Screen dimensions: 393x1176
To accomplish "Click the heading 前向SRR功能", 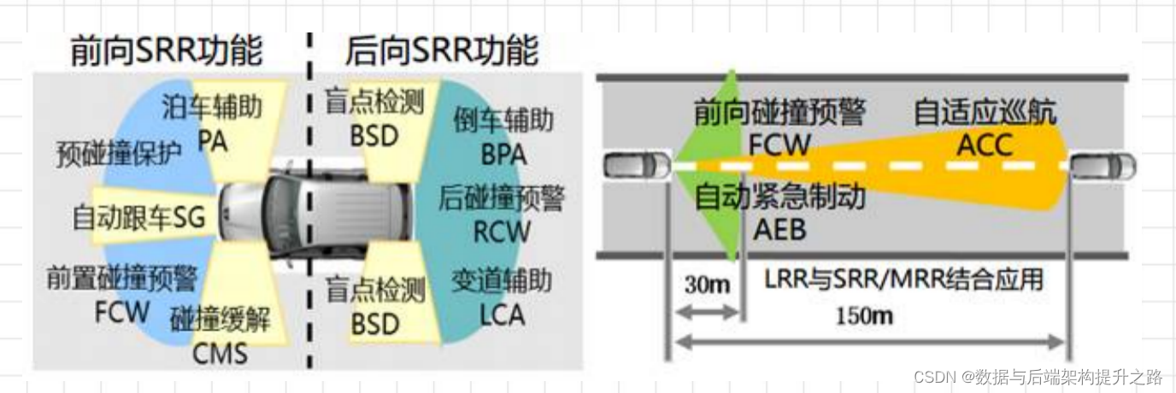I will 166,51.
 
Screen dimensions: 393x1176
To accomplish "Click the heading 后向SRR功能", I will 441,51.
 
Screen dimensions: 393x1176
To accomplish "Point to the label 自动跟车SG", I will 138,219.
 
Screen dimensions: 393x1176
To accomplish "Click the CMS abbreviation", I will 220,352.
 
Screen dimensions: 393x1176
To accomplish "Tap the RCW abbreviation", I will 502,231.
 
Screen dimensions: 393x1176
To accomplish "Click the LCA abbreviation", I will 502,314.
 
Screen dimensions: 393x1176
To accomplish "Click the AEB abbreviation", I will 779,229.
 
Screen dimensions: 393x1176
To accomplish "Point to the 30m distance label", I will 707,284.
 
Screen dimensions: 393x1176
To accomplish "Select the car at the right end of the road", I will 1103,165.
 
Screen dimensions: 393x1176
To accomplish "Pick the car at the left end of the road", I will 637,165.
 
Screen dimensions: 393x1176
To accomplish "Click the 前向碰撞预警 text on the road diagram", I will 779,112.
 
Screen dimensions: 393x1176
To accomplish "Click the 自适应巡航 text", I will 985,112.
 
